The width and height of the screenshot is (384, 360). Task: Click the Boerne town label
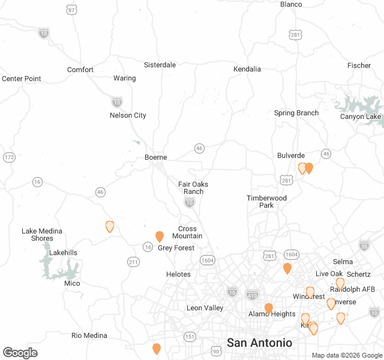155,158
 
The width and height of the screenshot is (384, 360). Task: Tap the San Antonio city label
259,343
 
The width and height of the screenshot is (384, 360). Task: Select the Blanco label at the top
291,4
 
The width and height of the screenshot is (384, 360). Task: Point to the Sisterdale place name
160,65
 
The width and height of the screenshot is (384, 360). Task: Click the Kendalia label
247,69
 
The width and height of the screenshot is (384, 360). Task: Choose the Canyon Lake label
360,116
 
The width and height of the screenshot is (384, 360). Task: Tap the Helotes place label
178,274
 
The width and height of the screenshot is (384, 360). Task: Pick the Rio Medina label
89,335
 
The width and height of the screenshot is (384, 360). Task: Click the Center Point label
22,79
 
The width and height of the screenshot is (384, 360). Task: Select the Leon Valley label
205,308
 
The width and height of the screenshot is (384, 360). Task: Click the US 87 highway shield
72,10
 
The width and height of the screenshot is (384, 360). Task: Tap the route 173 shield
8,157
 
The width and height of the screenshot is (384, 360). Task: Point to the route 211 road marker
133,262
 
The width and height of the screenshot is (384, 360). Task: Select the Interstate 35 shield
364,245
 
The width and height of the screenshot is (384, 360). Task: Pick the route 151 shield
190,337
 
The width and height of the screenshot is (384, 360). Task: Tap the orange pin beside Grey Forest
160,236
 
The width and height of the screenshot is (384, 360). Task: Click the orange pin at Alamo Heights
269,308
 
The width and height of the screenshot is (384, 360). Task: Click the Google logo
20,353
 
